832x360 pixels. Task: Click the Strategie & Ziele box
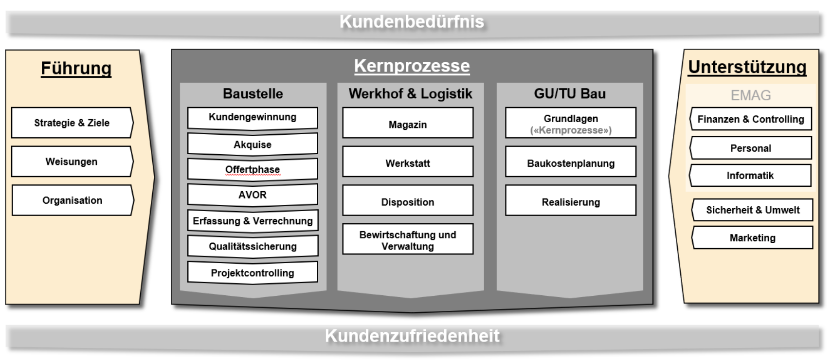(x=72, y=123)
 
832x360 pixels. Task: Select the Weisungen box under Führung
(x=72, y=162)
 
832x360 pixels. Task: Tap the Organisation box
(x=72, y=200)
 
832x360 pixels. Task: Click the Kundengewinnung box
(x=253, y=118)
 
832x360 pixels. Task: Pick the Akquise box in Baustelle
(x=253, y=144)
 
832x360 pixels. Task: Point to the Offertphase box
(x=253, y=169)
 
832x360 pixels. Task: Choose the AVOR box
(x=253, y=195)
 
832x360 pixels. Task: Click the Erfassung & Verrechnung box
(x=253, y=221)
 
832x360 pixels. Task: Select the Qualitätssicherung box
(x=253, y=247)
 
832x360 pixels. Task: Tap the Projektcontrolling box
(x=253, y=273)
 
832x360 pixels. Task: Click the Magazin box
(x=408, y=124)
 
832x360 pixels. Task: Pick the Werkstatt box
(x=408, y=163)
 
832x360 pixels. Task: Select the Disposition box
(x=408, y=201)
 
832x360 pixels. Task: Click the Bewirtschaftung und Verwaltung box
(x=408, y=240)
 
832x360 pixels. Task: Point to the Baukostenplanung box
(x=571, y=163)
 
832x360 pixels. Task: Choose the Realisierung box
(x=571, y=201)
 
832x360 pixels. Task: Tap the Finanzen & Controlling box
(x=751, y=119)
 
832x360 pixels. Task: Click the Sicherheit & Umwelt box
(x=753, y=210)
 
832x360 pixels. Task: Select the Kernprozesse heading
(x=412, y=66)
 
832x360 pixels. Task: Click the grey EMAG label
(x=751, y=95)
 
